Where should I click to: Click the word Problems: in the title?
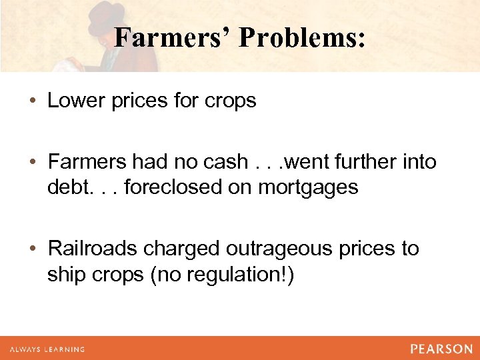(302, 38)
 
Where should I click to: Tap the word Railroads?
(93, 249)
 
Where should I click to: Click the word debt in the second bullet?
(65, 187)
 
